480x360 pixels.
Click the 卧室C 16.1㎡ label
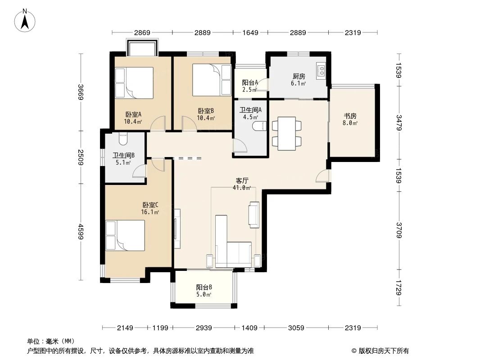click(x=150, y=208)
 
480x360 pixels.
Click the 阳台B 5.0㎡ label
click(x=204, y=291)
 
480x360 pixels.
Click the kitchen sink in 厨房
click(x=322, y=70)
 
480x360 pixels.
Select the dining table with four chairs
click(x=286, y=134)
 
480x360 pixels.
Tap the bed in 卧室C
click(x=125, y=235)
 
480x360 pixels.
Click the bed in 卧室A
click(x=134, y=82)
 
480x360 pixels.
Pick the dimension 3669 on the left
click(x=81, y=93)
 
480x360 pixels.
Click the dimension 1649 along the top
click(x=250, y=32)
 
